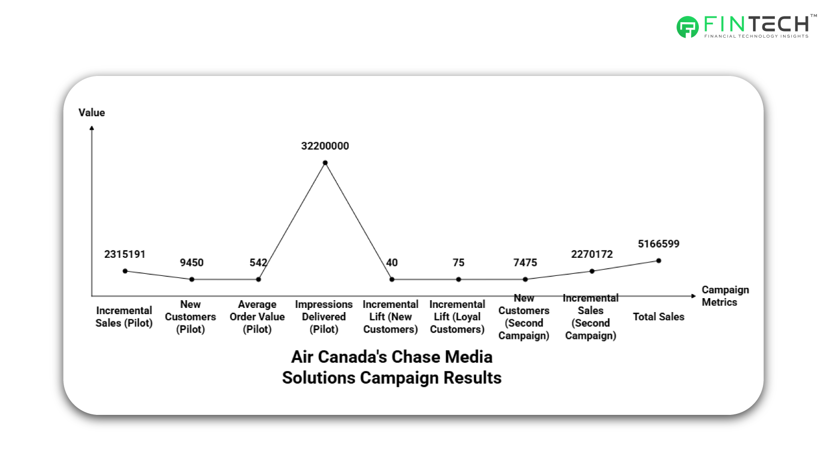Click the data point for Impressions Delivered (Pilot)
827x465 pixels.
325,163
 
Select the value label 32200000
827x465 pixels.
325,146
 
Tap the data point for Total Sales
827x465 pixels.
658,261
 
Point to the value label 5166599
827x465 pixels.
658,244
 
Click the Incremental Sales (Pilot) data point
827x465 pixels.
125,271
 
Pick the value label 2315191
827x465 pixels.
125,254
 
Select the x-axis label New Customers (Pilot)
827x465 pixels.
191,317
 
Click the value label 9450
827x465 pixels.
192,262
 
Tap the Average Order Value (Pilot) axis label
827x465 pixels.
257,317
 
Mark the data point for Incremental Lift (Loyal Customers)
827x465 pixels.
458,280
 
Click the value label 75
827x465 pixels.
458,262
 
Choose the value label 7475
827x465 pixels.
525,262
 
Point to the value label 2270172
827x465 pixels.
592,254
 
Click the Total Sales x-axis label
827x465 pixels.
658,317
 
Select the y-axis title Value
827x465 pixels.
91,113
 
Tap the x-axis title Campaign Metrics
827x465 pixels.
725,296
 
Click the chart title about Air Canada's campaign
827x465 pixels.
392,367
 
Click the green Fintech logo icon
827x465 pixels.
687,27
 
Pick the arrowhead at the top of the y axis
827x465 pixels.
92,128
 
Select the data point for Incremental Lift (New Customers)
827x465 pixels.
392,280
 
